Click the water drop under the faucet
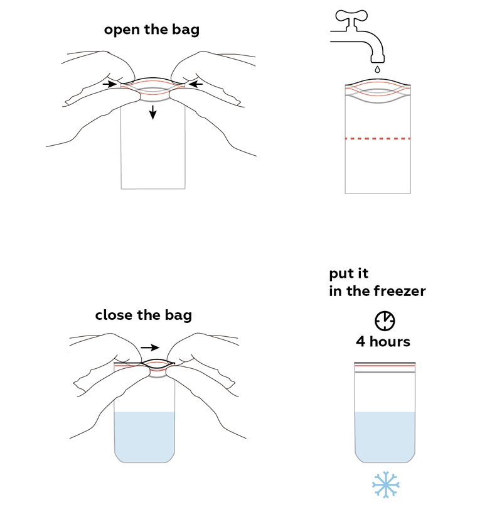click(x=378, y=69)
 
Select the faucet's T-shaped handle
click(x=351, y=19)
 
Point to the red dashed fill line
click(x=378, y=139)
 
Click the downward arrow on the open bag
click(x=152, y=112)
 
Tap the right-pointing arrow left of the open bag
click(x=109, y=84)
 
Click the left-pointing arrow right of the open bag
click(x=196, y=84)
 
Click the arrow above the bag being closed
click(x=150, y=347)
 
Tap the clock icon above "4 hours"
click(x=385, y=320)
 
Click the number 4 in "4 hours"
click(x=361, y=341)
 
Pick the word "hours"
click(x=390, y=341)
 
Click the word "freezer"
click(x=400, y=291)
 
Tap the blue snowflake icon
click(x=386, y=485)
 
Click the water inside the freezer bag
click(x=385, y=437)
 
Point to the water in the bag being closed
click(x=144, y=437)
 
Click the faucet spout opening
click(x=378, y=61)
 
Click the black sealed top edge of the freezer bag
click(x=385, y=363)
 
